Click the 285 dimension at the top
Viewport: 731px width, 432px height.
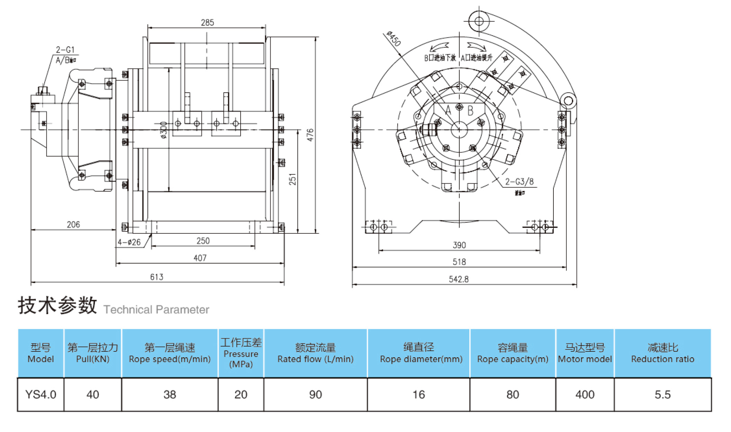coord(207,22)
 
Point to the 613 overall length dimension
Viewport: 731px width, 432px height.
coord(156,277)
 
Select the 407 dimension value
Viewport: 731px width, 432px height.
coord(200,258)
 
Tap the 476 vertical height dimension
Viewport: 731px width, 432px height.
coord(310,135)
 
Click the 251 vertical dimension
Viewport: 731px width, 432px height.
coord(293,179)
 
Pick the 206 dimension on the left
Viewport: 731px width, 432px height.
coord(73,224)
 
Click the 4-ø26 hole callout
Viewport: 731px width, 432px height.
coord(129,242)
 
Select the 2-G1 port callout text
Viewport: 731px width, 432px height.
coord(65,50)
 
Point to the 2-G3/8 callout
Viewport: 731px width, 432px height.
coord(519,182)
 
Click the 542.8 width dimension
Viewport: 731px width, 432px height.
coord(459,279)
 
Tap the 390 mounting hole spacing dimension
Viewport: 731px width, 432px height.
coord(459,245)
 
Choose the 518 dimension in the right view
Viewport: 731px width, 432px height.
coord(459,262)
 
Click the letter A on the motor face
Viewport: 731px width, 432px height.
coord(448,110)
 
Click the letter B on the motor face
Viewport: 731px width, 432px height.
coord(470,111)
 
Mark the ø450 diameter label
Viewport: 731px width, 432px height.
coord(394,38)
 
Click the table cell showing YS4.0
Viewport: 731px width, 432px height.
coord(41,394)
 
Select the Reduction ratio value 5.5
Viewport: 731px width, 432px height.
coord(662,394)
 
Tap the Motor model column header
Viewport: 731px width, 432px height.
coord(585,353)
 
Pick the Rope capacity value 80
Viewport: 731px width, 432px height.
coord(513,394)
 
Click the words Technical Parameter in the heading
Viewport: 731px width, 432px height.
coord(156,309)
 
